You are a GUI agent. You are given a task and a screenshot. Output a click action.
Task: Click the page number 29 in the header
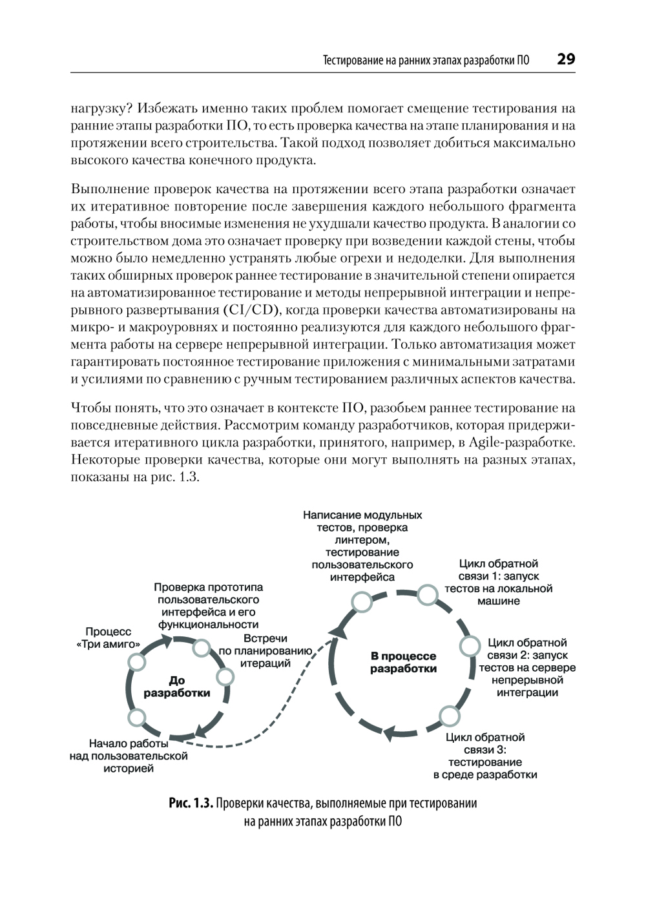[x=565, y=59]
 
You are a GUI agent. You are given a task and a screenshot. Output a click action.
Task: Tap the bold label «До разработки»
[x=176, y=687]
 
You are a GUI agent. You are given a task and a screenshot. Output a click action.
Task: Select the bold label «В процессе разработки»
[x=403, y=662]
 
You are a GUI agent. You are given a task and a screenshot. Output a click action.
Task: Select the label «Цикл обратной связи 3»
[x=485, y=756]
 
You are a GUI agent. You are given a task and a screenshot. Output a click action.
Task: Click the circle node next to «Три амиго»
[x=136, y=661]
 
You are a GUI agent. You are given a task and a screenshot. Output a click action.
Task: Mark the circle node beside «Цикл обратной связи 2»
[x=470, y=646]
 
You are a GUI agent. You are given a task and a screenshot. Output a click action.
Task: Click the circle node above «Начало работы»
[x=136, y=717]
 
